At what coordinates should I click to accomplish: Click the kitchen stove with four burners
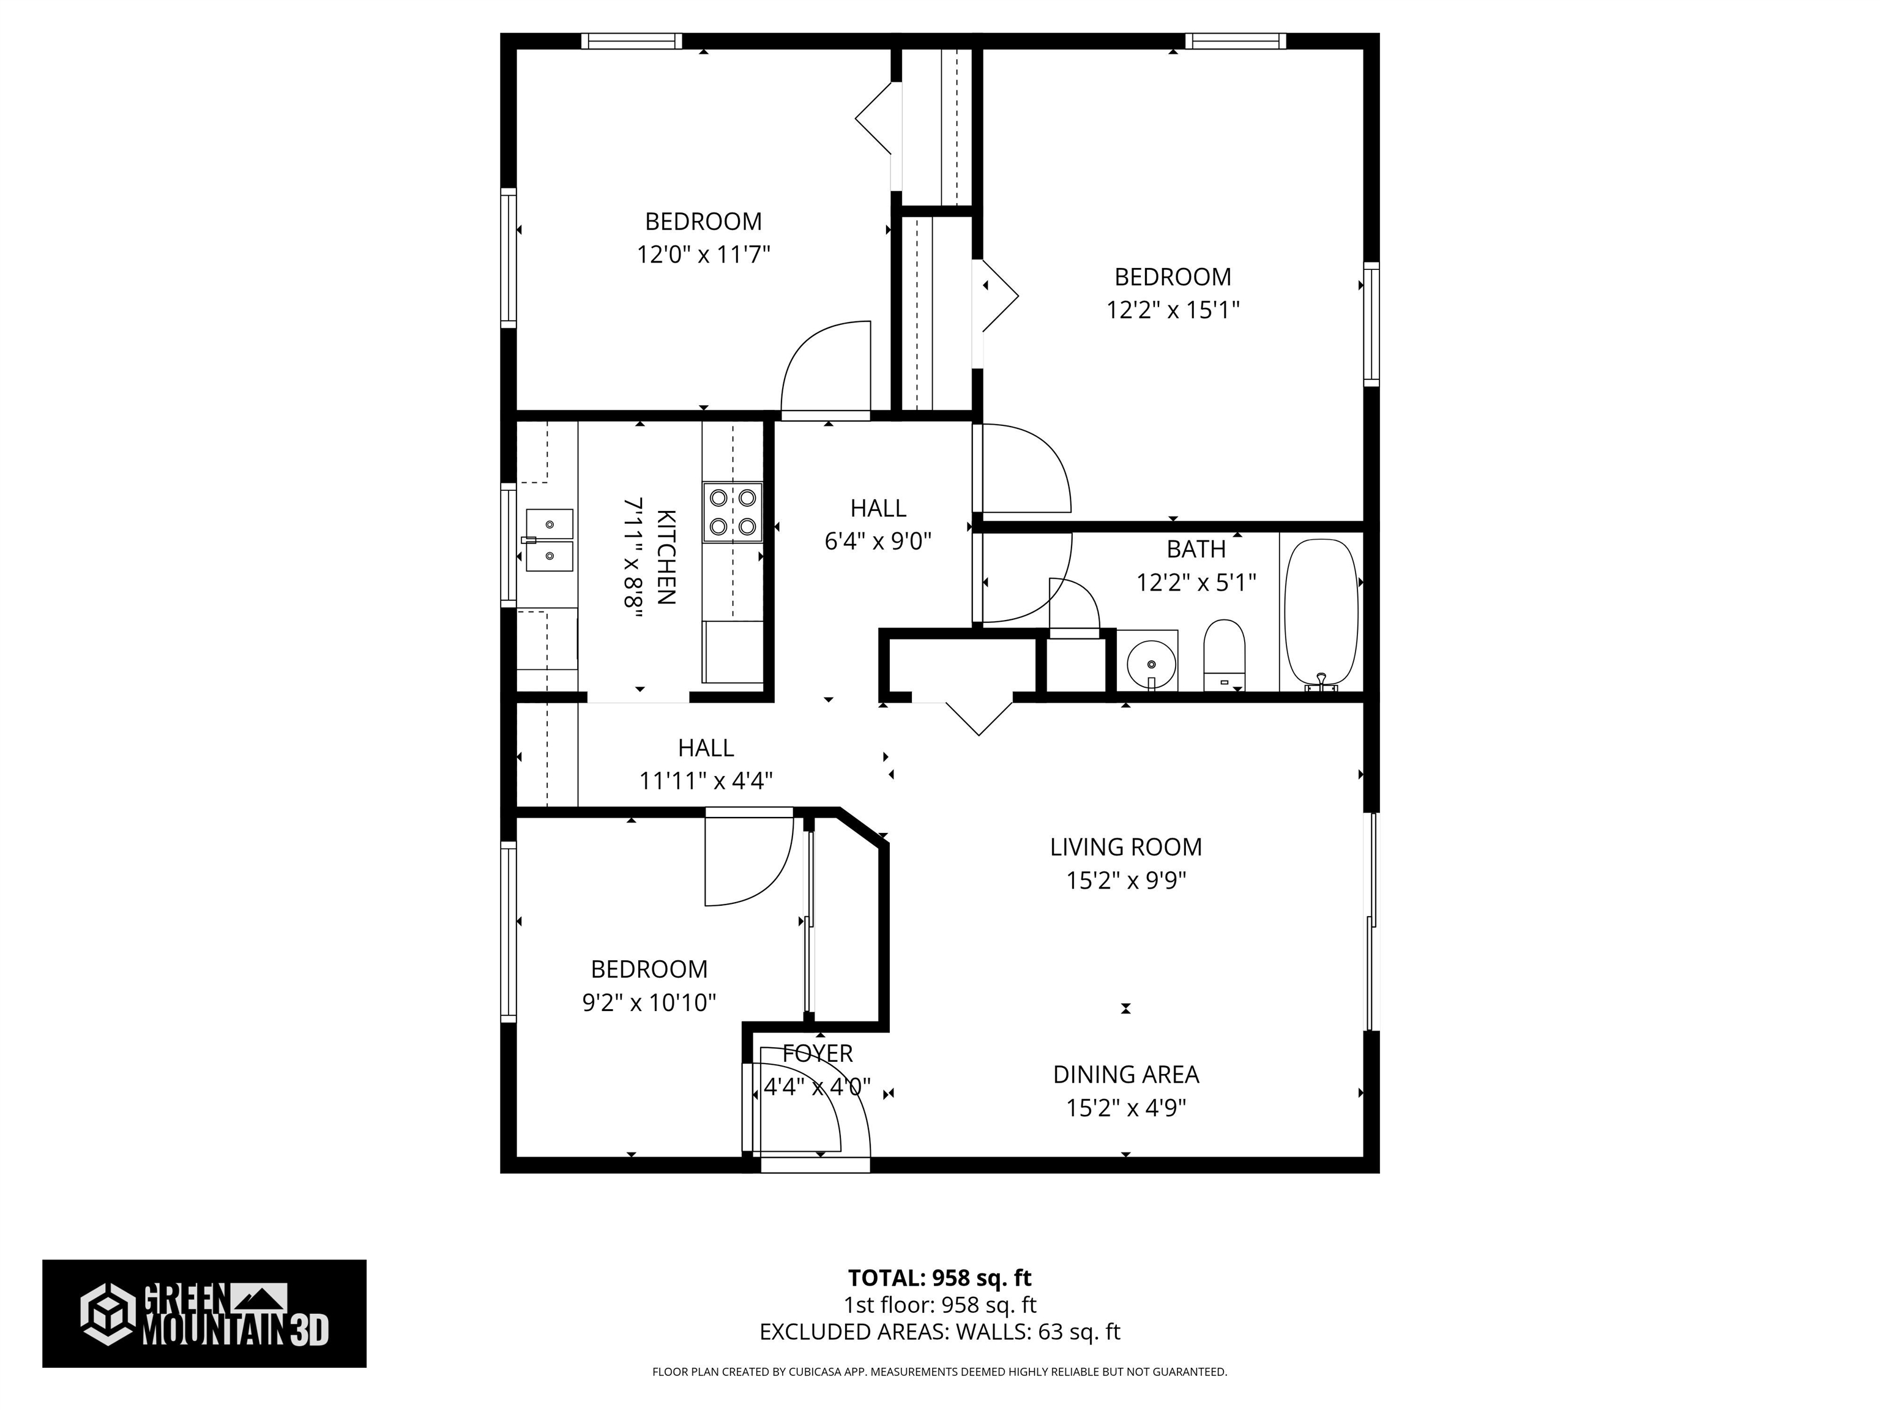(732, 512)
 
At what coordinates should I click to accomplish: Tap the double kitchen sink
(549, 540)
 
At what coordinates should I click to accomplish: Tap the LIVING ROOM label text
(1125, 846)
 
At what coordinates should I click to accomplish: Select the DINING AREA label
(1125, 1074)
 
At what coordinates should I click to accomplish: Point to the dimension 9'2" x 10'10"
(649, 1003)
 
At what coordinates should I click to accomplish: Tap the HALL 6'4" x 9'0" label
(878, 524)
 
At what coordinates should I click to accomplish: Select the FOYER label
(817, 1054)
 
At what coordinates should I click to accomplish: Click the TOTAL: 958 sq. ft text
(939, 1277)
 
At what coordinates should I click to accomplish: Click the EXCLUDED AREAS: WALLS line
(939, 1332)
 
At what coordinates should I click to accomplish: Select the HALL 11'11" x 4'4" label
(706, 763)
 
